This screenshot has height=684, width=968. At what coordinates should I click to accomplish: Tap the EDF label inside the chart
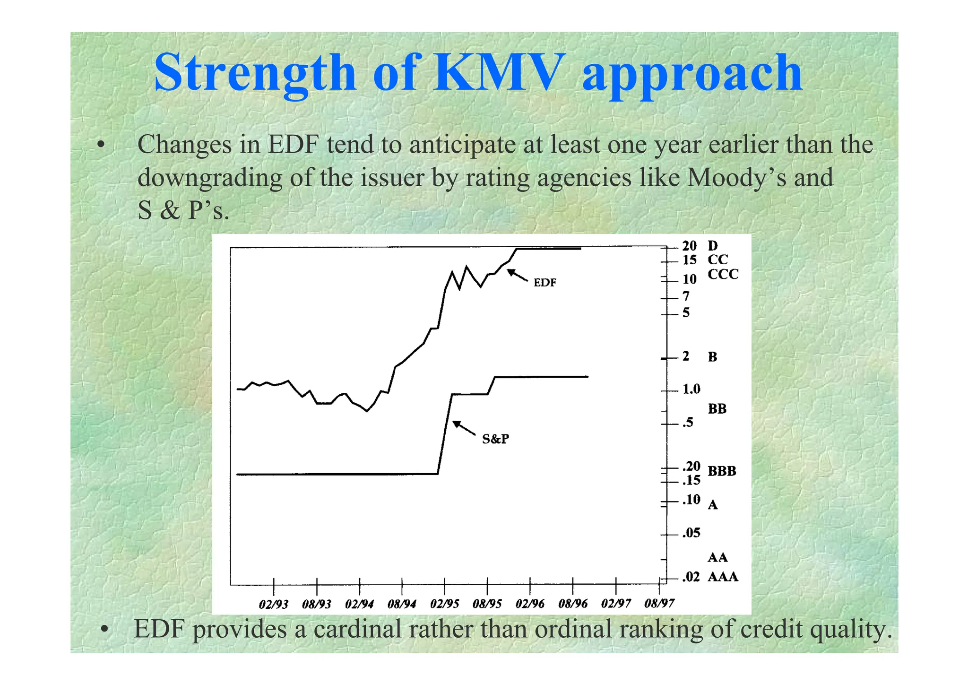click(x=545, y=283)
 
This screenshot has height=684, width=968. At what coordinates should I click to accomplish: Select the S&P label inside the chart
click(x=495, y=439)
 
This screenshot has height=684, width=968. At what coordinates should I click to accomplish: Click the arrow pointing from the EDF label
click(x=517, y=275)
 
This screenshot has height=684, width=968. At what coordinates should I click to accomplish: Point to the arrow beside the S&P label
click(x=464, y=427)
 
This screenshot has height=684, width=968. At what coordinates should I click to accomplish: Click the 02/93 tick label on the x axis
click(x=274, y=604)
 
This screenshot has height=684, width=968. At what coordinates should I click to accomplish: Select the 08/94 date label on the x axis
click(x=402, y=604)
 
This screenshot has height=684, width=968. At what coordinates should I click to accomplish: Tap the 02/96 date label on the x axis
click(x=530, y=604)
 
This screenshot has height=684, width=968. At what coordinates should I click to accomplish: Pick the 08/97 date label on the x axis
click(x=659, y=603)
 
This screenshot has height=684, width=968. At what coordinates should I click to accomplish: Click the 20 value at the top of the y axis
click(x=689, y=246)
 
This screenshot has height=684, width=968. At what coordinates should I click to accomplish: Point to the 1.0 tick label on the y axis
click(x=691, y=389)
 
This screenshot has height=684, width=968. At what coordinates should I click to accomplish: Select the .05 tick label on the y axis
click(x=691, y=533)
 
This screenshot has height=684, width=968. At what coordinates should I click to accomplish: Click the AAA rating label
click(x=723, y=577)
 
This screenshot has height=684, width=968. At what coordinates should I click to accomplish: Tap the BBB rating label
click(x=722, y=471)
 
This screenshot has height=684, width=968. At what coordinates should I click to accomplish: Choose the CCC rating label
click(x=723, y=274)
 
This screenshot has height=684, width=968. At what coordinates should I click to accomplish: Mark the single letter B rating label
click(x=712, y=357)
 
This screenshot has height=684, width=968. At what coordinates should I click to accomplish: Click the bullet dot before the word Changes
click(x=100, y=145)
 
